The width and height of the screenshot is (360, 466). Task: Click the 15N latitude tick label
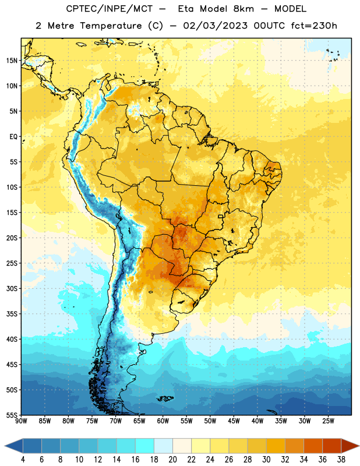coord(12,61)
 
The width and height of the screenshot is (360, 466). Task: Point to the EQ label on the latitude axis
coord(13,137)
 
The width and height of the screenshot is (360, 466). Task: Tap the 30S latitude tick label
coord(12,288)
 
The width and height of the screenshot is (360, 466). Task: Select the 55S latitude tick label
coord(12,415)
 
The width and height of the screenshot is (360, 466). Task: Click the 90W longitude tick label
coord(21,421)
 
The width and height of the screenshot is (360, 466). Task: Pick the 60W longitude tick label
coord(163,421)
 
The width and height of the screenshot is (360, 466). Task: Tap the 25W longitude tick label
coord(328,421)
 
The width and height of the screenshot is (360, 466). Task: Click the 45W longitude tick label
coord(234,421)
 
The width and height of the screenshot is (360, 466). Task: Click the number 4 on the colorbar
coord(23,460)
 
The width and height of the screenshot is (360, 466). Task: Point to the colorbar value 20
coord(172,460)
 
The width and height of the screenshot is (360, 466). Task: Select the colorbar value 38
coord(341,460)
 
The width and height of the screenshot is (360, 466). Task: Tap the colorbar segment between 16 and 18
coord(145,446)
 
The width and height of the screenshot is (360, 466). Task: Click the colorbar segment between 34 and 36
coord(313,446)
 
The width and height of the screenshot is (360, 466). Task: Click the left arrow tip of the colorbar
coord(5,446)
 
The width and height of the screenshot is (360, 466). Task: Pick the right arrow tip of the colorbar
coord(359,446)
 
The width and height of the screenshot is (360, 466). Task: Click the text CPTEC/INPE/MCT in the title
coord(110,9)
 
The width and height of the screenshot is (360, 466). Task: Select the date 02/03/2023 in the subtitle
coord(215,26)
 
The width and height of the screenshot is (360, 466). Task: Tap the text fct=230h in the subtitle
coord(314,26)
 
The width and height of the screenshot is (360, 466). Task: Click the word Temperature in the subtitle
coord(111,26)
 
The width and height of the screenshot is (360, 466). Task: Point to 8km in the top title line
coord(243,9)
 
